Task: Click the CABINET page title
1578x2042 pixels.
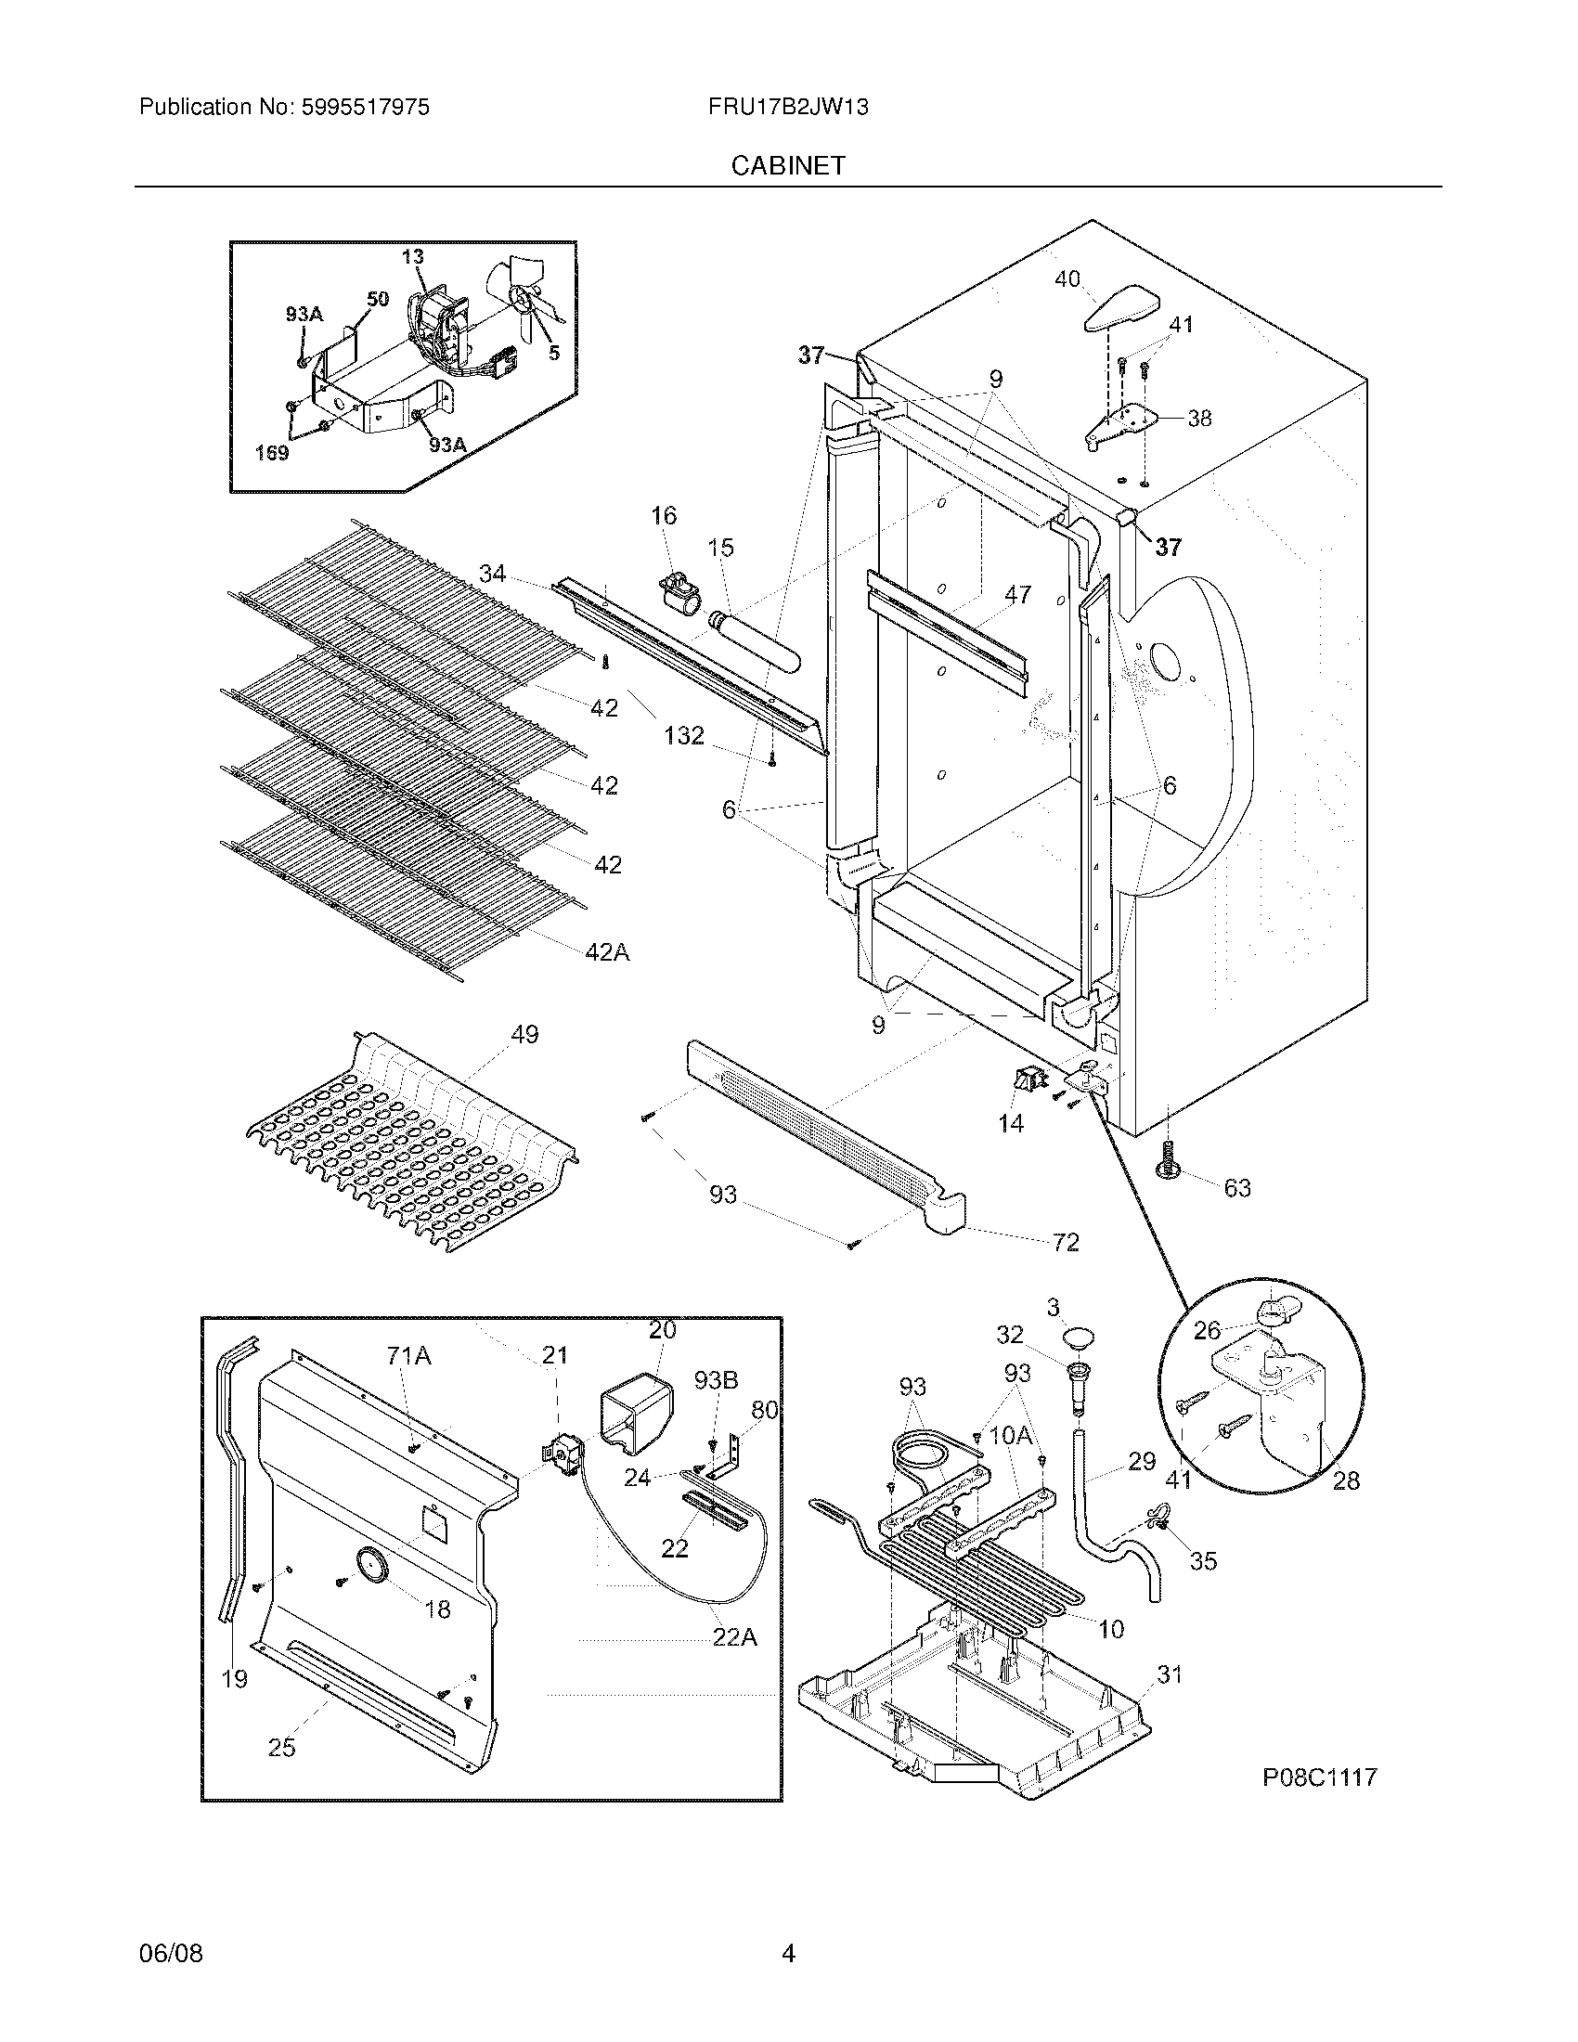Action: point(787,165)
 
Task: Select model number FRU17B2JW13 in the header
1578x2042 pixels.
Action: point(788,107)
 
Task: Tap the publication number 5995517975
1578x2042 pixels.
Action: point(366,107)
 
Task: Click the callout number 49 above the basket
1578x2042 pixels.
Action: point(524,1035)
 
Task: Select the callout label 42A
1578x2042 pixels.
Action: point(607,951)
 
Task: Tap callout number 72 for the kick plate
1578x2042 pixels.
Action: point(1066,1242)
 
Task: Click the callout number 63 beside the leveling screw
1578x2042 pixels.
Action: point(1236,1187)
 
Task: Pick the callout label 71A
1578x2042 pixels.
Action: point(408,1355)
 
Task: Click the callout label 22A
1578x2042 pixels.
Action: point(734,1636)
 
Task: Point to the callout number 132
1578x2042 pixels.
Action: point(683,736)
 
